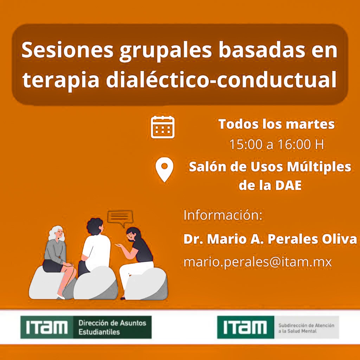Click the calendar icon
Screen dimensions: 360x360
(x=162, y=127)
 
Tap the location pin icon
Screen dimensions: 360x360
(x=164, y=169)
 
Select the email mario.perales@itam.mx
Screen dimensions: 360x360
(x=258, y=262)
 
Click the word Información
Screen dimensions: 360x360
(x=223, y=216)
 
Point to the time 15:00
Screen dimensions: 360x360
(x=246, y=144)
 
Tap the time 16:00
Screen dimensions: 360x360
(x=294, y=144)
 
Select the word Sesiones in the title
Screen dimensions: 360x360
(x=67, y=50)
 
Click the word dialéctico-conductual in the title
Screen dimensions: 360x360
(x=221, y=80)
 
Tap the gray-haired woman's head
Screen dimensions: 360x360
(x=56, y=233)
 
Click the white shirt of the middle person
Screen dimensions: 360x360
(x=97, y=251)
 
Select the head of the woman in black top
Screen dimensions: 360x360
(x=133, y=234)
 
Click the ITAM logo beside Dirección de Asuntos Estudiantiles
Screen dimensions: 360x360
(x=47, y=327)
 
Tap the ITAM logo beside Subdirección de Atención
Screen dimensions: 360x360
(x=246, y=327)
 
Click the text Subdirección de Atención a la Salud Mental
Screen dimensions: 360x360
(x=306, y=328)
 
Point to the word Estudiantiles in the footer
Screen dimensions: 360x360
(x=99, y=332)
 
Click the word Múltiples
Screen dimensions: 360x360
(x=319, y=167)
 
